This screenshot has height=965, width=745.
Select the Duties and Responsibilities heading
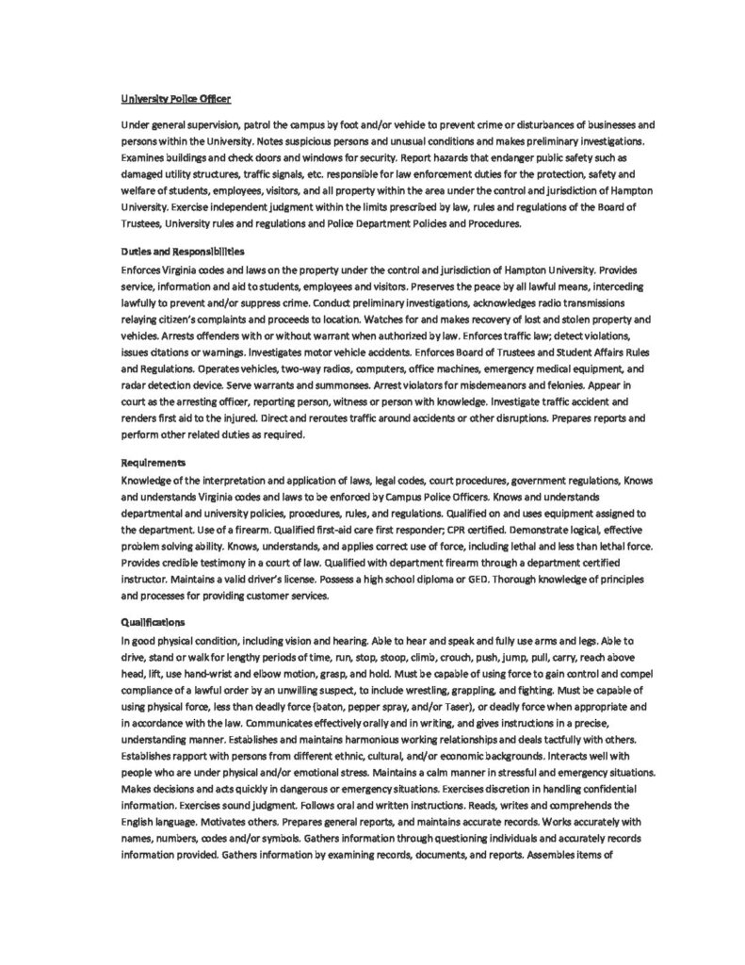[x=183, y=252]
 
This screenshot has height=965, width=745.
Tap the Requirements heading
[x=154, y=463]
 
